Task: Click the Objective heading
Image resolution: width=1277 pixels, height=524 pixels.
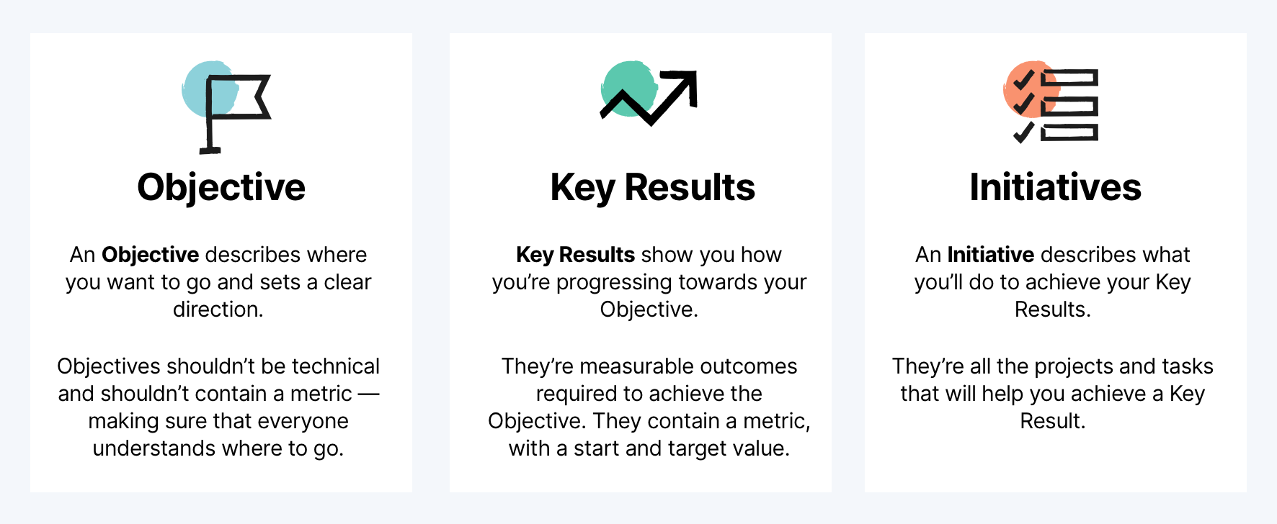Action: [221, 188]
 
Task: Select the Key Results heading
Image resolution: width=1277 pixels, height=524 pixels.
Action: [652, 188]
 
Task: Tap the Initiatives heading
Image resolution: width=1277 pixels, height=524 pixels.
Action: [1055, 188]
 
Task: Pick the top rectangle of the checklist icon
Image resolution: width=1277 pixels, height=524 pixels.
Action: [1069, 78]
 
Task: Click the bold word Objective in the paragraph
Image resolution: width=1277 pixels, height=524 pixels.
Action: [150, 255]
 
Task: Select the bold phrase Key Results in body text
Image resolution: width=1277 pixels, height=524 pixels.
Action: [575, 255]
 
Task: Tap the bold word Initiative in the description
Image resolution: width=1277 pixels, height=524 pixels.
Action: [990, 255]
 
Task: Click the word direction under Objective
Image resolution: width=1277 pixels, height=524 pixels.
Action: [218, 310]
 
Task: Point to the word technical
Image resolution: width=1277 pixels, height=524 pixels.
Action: [335, 366]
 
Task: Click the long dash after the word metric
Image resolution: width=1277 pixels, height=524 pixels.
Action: [368, 394]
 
